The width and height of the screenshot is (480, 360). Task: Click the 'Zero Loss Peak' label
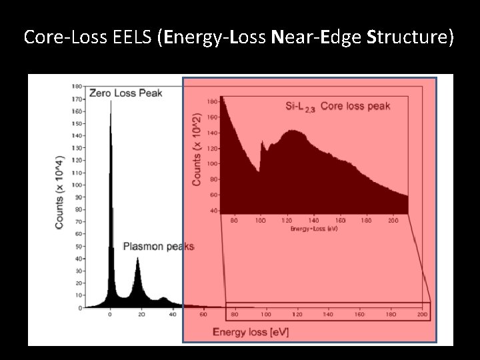[x=125, y=93]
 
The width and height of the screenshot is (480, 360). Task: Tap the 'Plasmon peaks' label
[x=158, y=247]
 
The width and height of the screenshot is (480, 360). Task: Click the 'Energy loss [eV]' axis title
[x=250, y=331]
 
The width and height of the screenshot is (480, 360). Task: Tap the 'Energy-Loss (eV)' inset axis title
[x=314, y=229]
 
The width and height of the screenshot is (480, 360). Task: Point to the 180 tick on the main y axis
[x=77, y=86]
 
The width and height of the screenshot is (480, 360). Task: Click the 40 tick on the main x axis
[x=172, y=315]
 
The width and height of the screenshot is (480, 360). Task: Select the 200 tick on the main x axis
[x=421, y=315]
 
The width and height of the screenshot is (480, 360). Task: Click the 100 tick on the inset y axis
[x=212, y=163]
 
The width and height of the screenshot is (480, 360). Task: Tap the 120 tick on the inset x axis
[x=287, y=219]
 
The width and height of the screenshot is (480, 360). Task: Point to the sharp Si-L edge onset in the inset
[x=261, y=142]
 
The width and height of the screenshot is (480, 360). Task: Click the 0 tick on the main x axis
[x=110, y=315]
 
